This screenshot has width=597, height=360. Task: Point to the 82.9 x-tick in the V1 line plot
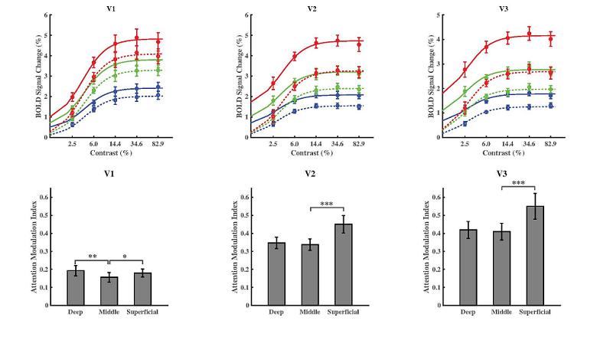tap(158, 144)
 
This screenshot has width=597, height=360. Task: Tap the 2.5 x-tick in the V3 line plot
tap(465, 144)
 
